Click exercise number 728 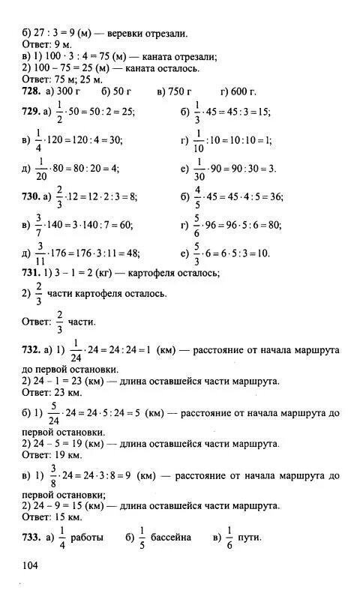tap(33, 91)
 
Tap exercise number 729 tap(33, 112)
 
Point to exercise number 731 tap(33, 273)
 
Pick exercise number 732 tap(33, 350)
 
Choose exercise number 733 tap(33, 538)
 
